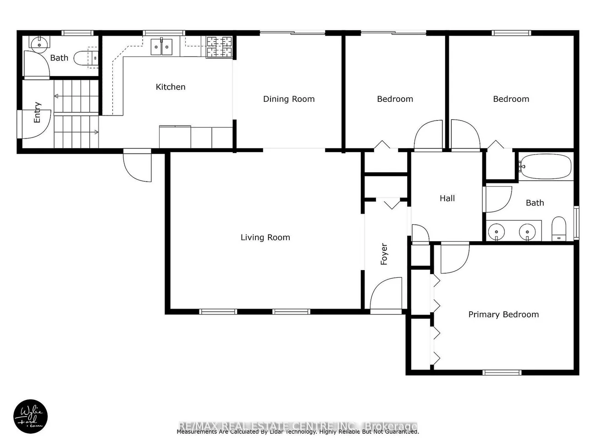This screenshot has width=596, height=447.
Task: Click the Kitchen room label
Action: [171, 87]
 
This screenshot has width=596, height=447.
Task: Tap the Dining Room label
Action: [289, 99]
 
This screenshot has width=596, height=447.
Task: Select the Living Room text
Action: [265, 237]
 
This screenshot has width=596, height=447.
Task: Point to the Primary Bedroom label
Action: [503, 315]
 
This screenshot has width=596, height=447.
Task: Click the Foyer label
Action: [384, 254]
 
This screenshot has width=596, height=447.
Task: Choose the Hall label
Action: [447, 199]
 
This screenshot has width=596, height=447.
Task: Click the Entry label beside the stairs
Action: [38, 112]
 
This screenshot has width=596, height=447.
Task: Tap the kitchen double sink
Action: [161, 47]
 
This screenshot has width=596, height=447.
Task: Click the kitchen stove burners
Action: [219, 47]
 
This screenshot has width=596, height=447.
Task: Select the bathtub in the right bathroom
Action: [546, 167]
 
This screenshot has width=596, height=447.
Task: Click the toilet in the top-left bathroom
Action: [87, 58]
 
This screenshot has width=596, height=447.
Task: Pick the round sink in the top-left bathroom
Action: [39, 44]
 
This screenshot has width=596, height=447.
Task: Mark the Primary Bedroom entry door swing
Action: [454, 258]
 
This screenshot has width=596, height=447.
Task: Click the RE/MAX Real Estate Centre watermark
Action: [298, 426]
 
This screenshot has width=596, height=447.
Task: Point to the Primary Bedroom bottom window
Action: [502, 372]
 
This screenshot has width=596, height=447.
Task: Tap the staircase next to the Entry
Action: [76, 114]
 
